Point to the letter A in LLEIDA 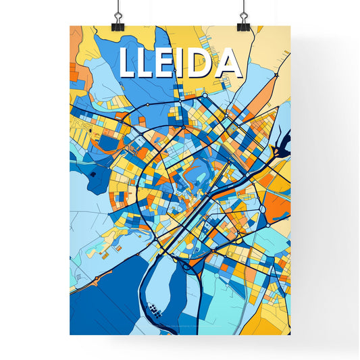[228, 63]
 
